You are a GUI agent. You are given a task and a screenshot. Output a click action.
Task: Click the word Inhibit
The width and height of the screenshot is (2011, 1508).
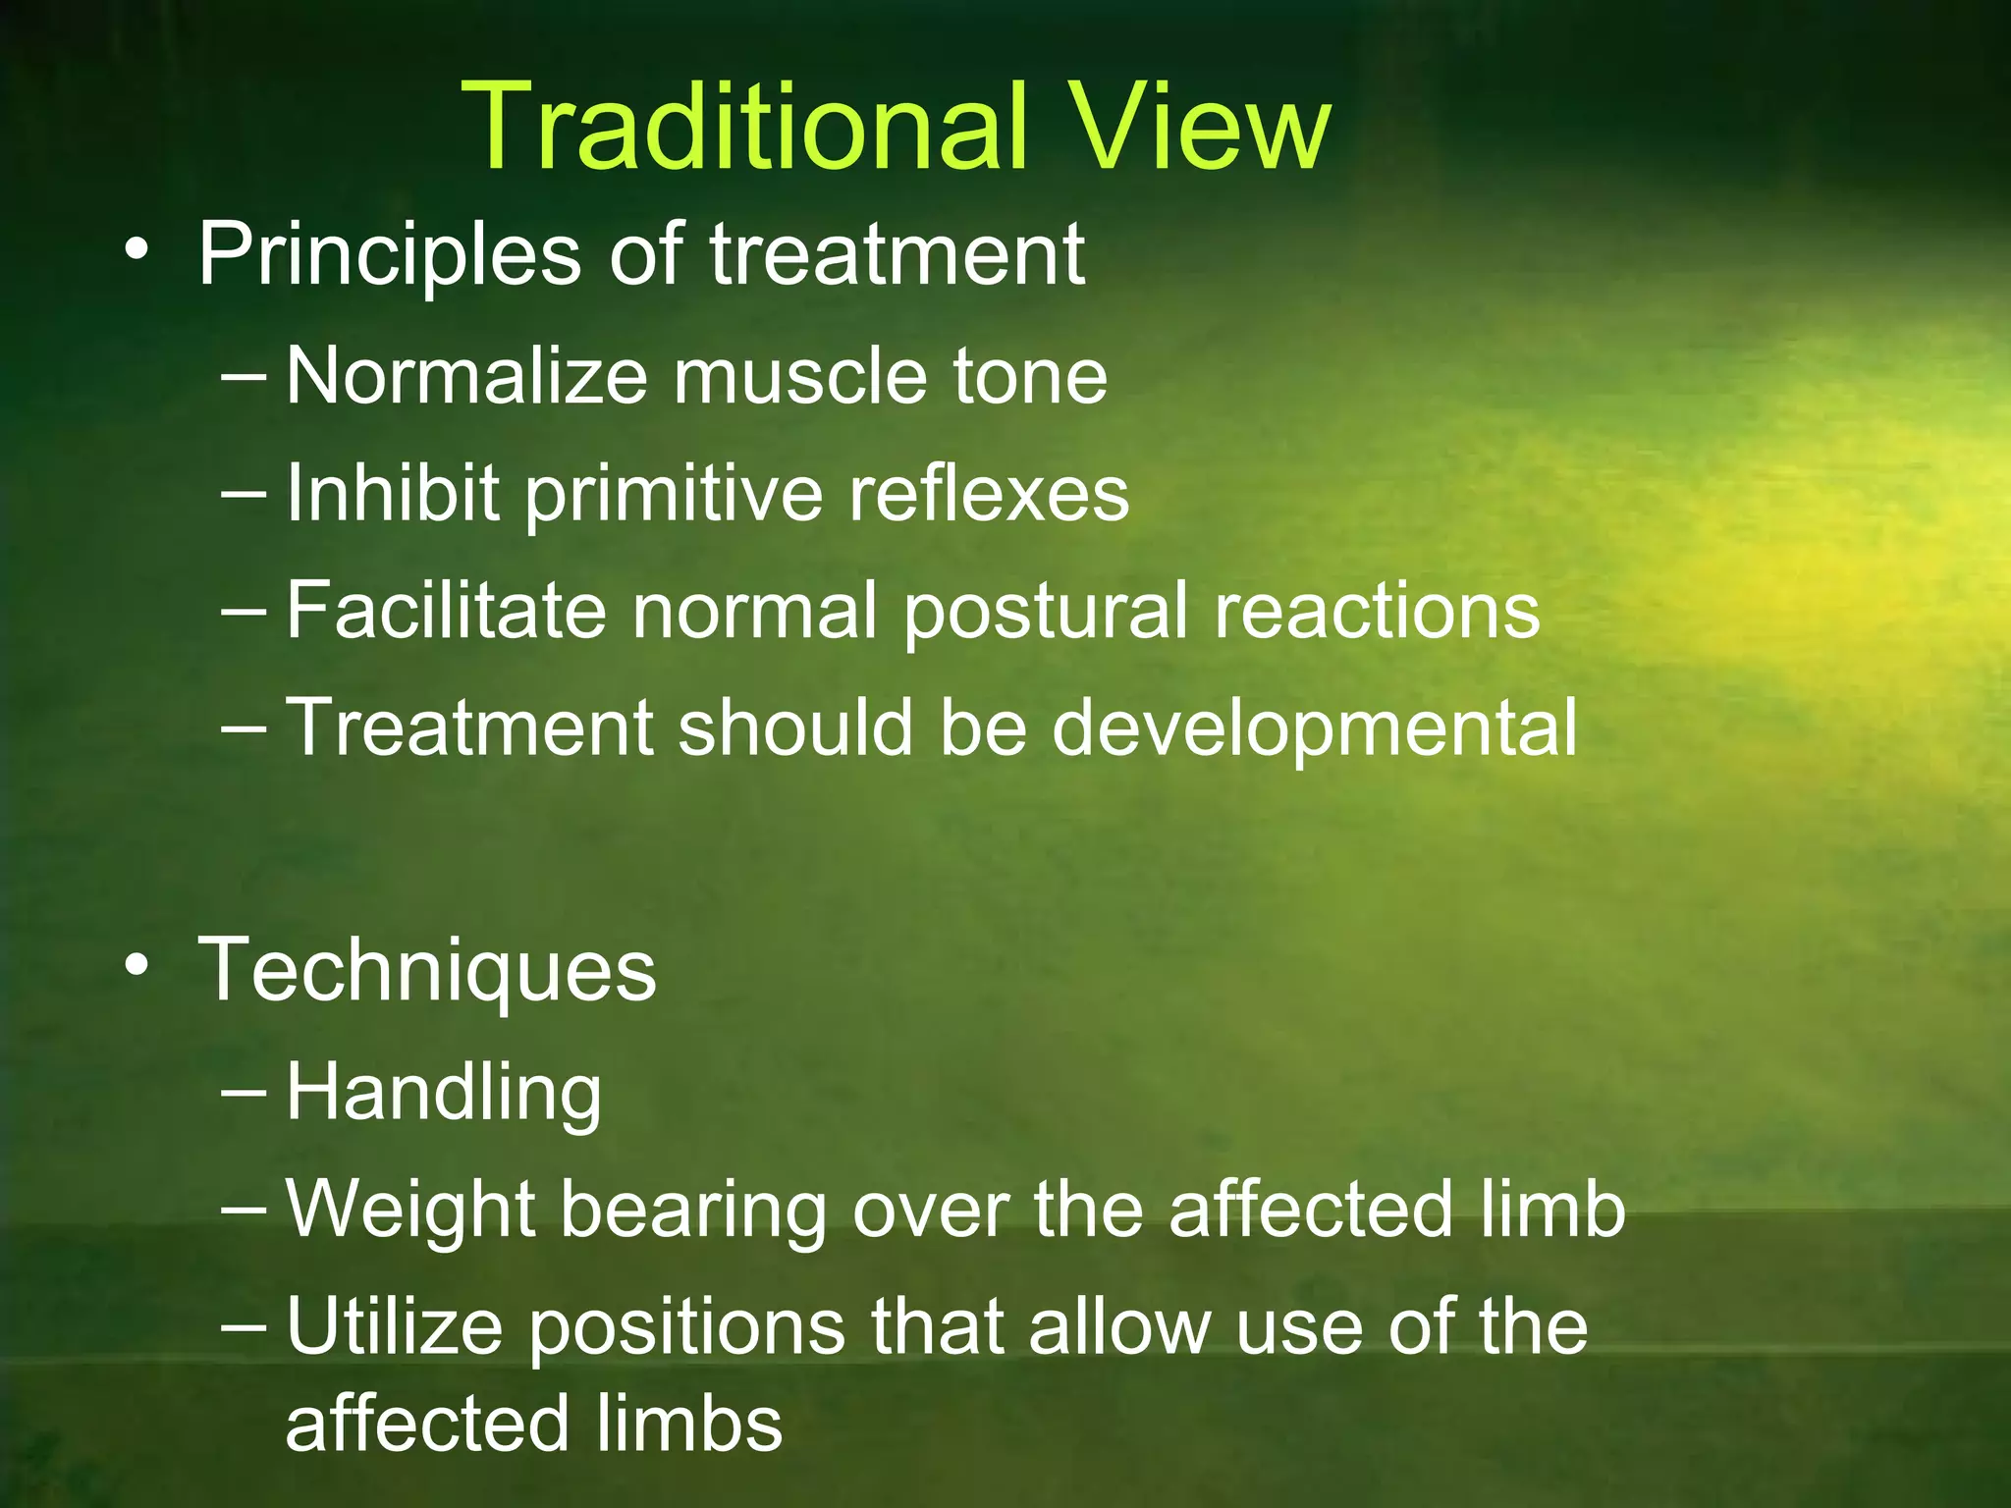click(x=393, y=493)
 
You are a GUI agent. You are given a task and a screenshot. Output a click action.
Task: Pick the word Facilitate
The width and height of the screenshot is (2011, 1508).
click(x=447, y=611)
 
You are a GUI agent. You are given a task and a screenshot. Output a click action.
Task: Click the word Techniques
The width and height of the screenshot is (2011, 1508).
click(x=427, y=972)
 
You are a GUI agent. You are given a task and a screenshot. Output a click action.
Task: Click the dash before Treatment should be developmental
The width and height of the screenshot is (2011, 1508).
click(x=243, y=727)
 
